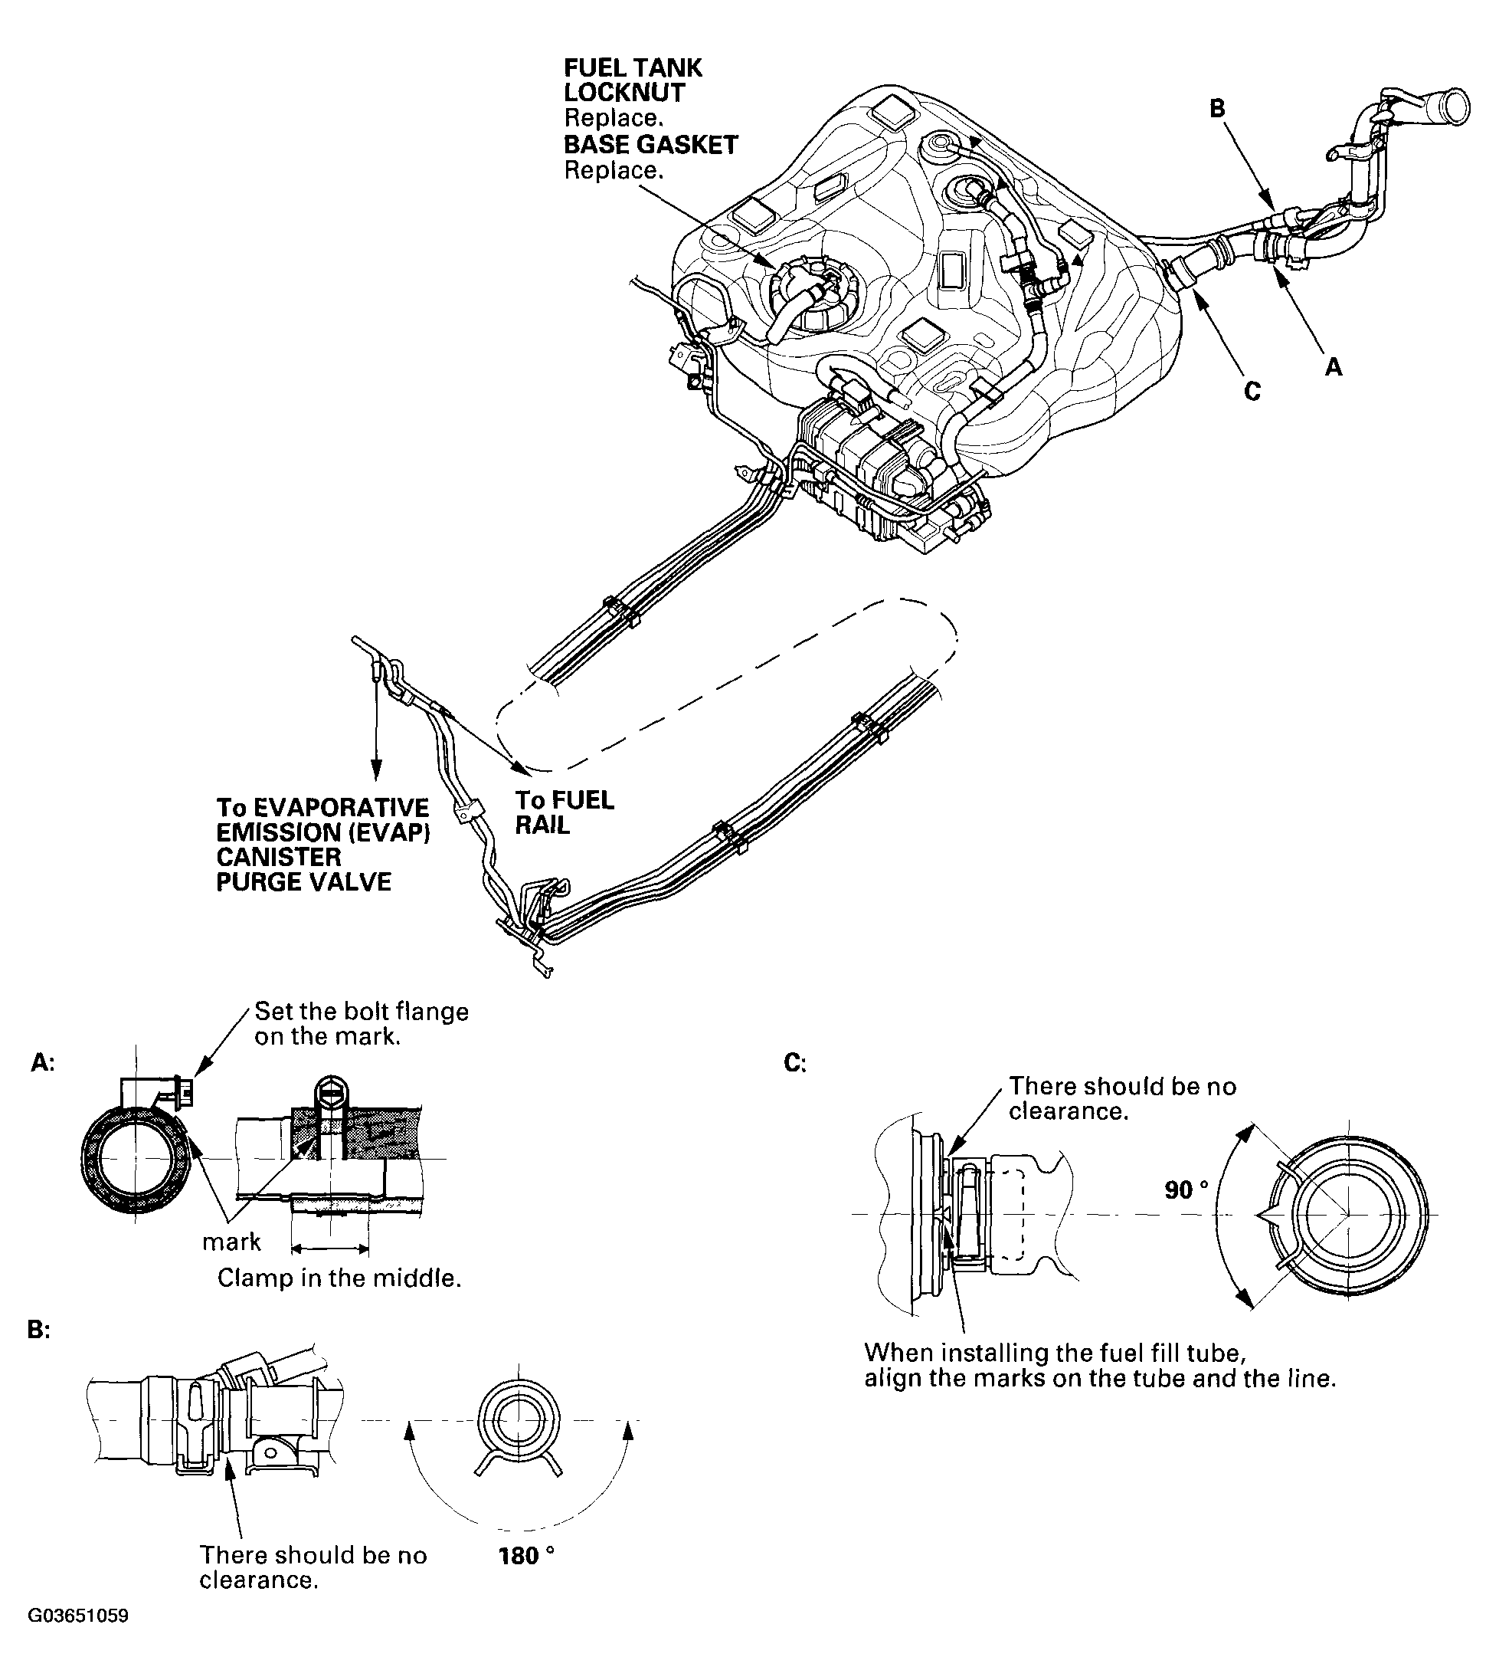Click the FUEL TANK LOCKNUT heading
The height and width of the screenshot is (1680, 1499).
633,80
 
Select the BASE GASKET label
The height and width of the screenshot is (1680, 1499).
650,145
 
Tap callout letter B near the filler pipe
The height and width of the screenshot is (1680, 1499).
1216,109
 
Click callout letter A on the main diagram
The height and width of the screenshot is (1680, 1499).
1334,367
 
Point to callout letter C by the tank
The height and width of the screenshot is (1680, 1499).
1252,392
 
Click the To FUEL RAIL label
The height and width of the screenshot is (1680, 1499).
565,812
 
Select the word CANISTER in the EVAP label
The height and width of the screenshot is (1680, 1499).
278,857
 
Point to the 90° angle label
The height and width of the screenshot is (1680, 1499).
1186,1189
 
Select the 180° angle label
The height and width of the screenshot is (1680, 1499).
525,1557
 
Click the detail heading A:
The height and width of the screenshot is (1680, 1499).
42,1064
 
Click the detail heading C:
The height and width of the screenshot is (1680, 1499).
795,1064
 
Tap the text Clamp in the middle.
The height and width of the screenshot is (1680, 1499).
339,1278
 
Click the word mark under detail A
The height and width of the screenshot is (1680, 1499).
231,1242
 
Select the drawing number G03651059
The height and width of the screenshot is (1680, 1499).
78,1639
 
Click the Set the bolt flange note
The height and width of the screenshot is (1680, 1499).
361,1023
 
